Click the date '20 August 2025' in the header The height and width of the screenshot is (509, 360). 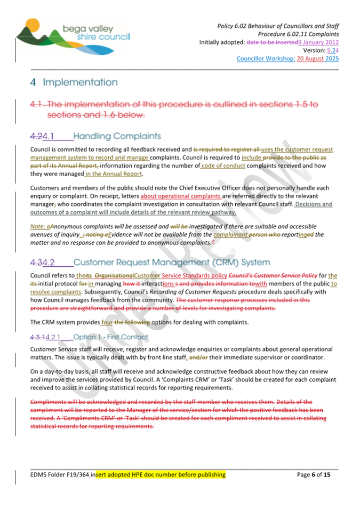[x=318, y=59]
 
